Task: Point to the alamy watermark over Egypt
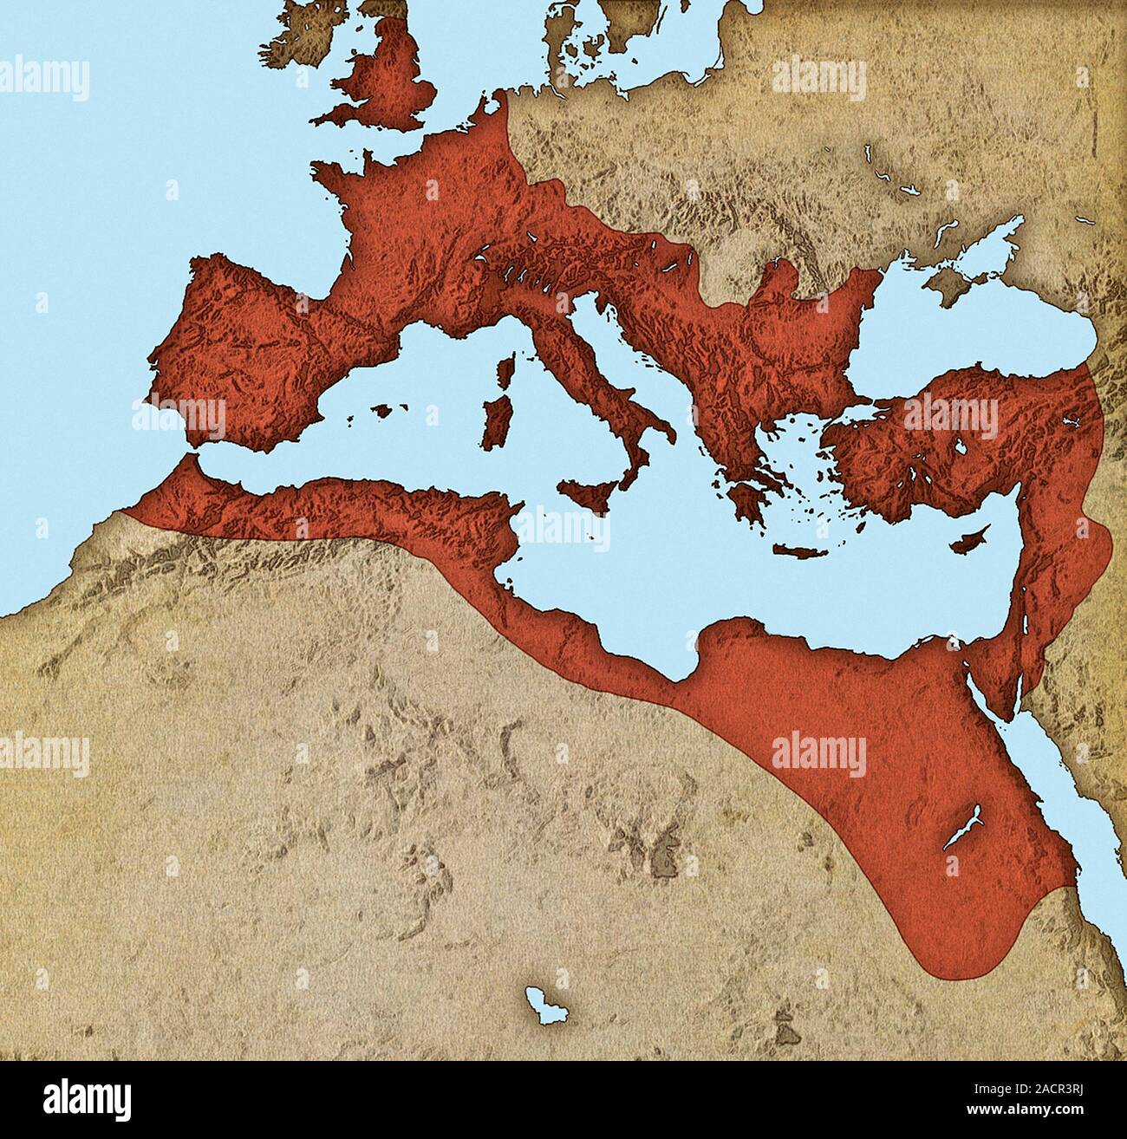pos(818,753)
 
